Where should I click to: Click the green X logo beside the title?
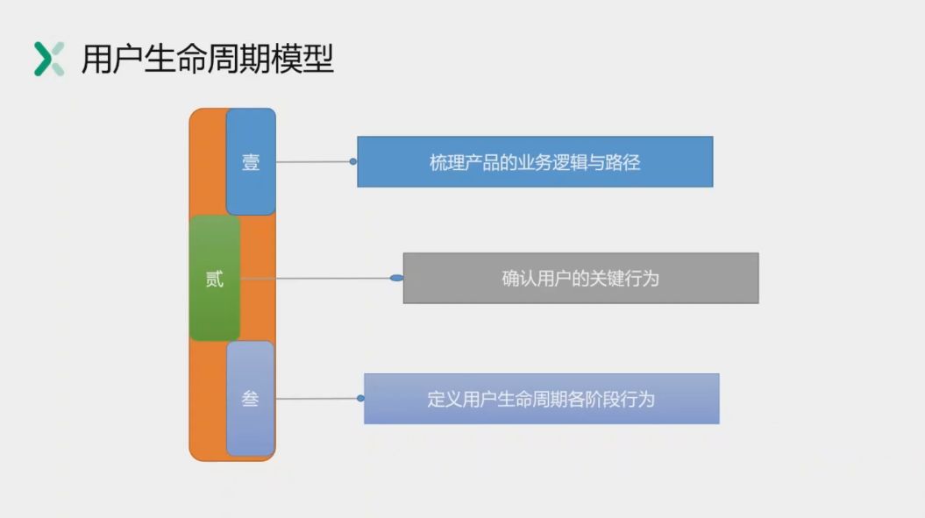click(x=49, y=59)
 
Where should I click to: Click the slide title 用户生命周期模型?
click(x=207, y=59)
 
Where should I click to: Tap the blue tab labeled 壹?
click(x=251, y=162)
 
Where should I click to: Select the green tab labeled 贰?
click(x=214, y=279)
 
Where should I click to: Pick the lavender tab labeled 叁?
click(x=250, y=399)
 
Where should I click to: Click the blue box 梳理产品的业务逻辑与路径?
click(x=535, y=162)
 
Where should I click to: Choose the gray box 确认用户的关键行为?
click(x=580, y=279)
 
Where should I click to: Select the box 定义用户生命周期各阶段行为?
click(x=541, y=399)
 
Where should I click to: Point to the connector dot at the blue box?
click(x=353, y=161)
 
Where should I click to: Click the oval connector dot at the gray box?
click(x=396, y=279)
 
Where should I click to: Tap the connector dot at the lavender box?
click(x=360, y=398)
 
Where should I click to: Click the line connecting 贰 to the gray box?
click(x=316, y=279)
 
